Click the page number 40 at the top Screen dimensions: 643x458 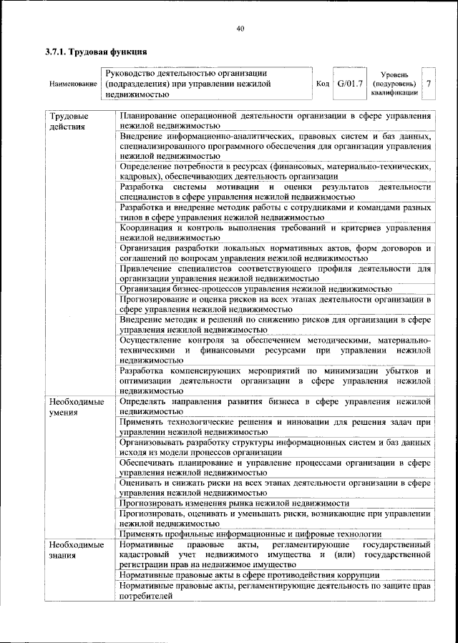(240, 28)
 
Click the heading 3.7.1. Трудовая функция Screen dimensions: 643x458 (96, 51)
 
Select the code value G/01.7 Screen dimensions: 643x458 (351, 84)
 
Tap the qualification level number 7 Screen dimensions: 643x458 (428, 84)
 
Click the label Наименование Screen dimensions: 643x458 (74, 84)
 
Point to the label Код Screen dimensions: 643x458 (323, 84)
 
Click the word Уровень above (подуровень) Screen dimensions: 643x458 (394, 74)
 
